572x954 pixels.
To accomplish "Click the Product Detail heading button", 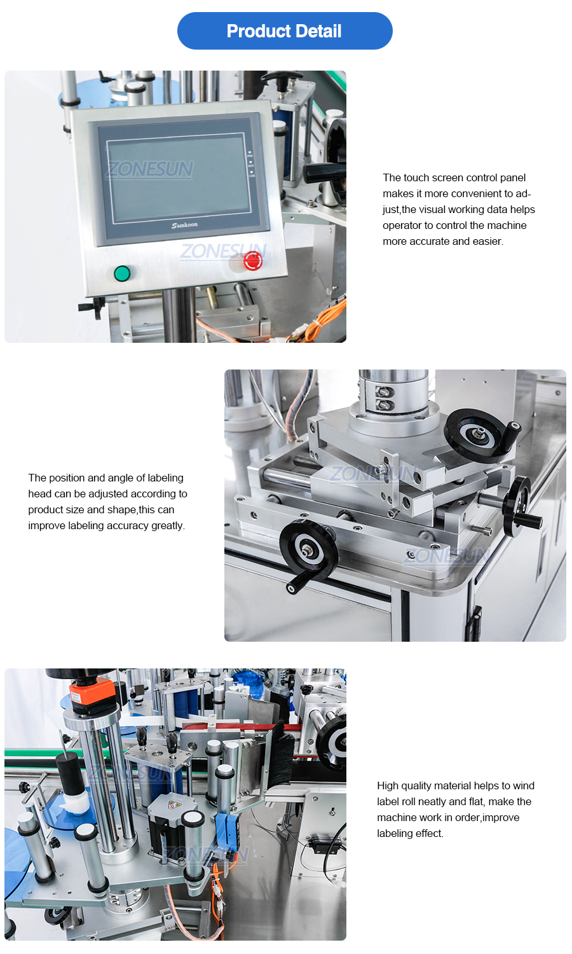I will (285, 31).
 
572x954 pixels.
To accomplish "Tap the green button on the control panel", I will (122, 274).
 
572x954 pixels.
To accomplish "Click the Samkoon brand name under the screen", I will (184, 225).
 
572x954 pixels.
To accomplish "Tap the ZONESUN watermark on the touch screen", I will (150, 169).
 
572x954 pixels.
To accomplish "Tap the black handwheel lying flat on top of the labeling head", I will (480, 434).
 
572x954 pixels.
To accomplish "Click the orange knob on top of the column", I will (93, 693).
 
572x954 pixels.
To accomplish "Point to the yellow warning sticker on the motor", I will (173, 805).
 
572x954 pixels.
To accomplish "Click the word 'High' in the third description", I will (388, 786).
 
